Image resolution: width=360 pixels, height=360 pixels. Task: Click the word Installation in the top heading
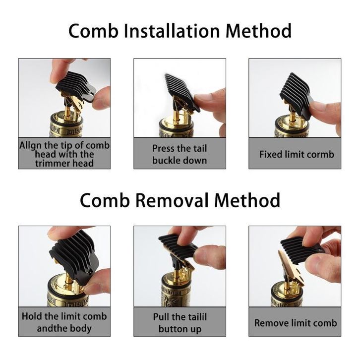172,31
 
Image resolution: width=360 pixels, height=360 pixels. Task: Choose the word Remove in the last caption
269,323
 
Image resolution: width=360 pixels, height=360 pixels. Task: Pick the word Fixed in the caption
271,154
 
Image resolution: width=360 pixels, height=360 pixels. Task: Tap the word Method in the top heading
259,31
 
